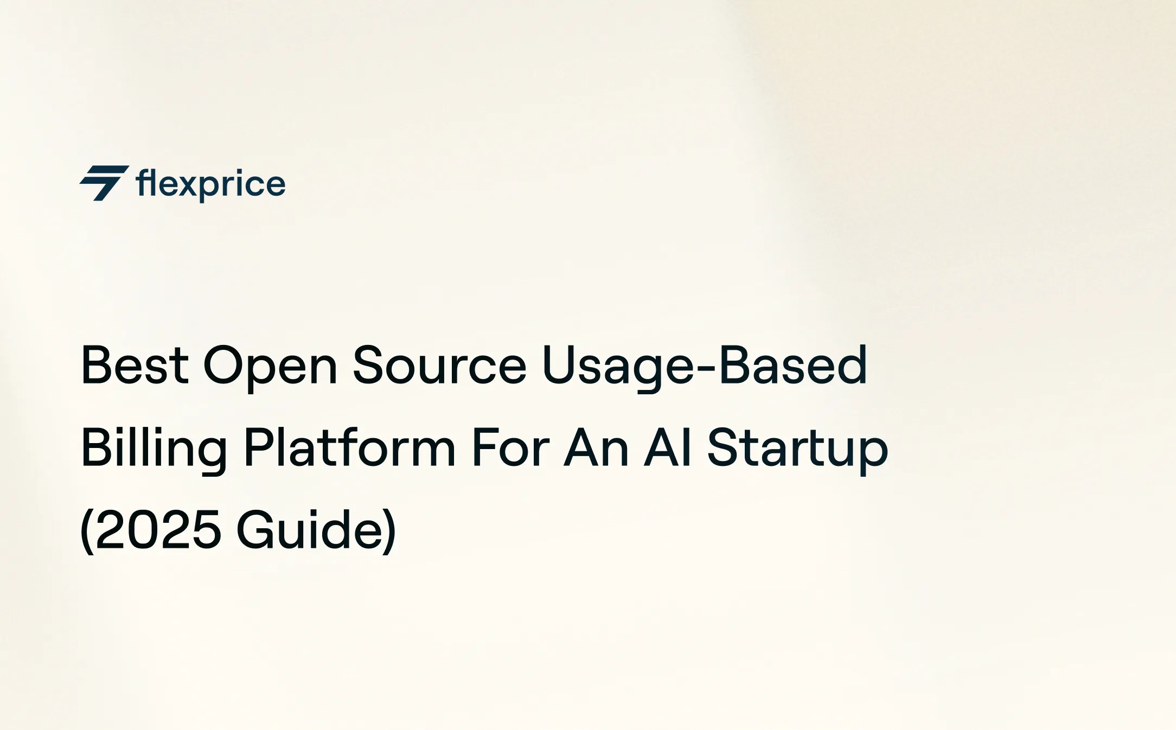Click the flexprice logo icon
(104, 183)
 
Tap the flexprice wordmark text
(210, 184)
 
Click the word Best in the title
(135, 366)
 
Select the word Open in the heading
(270, 367)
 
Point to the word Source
(439, 366)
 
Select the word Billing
(154, 449)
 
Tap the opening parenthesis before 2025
(86, 532)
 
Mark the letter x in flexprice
(190, 184)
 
